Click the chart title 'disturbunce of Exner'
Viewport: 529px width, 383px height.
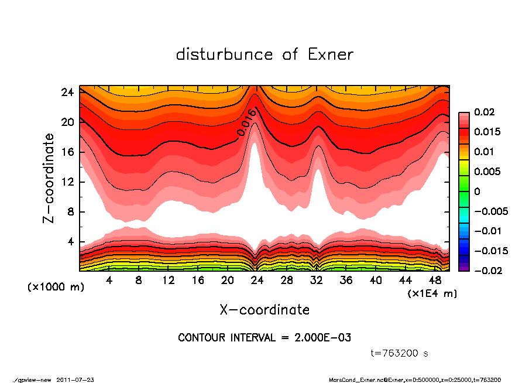pyautogui.click(x=264, y=54)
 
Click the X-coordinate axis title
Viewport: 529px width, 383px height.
pyautogui.click(x=264, y=309)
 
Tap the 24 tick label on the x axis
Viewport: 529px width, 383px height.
pyautogui.click(x=257, y=281)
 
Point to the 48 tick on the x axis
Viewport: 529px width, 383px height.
pyautogui.click(x=435, y=281)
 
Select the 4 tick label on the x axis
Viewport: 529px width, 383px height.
pyautogui.click(x=109, y=281)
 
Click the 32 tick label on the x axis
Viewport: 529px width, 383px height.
pyautogui.click(x=317, y=281)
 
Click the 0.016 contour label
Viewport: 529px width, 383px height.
pyautogui.click(x=246, y=123)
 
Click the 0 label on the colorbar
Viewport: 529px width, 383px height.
pyautogui.click(x=477, y=191)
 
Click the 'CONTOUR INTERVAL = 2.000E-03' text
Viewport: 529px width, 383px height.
pyautogui.click(x=264, y=338)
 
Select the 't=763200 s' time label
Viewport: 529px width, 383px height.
pyautogui.click(x=400, y=353)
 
